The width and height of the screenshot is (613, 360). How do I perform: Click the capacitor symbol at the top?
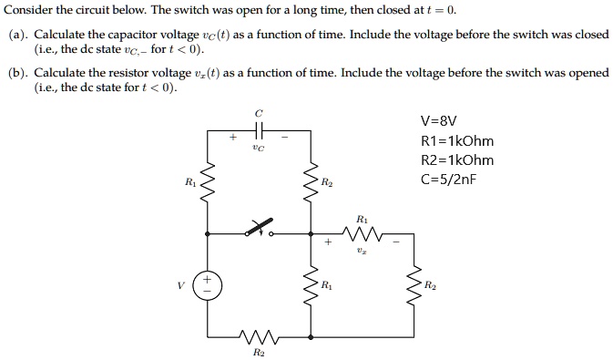coord(260,131)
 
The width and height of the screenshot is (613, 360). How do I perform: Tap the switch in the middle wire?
coord(260,229)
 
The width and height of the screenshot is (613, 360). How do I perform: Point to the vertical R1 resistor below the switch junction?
coord(312,284)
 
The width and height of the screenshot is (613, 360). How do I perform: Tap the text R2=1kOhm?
coord(457,160)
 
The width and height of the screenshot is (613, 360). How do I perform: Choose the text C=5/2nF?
coord(449,179)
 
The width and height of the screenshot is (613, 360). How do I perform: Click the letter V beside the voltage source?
coord(181,284)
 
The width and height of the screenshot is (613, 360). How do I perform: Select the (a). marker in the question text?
coord(17,34)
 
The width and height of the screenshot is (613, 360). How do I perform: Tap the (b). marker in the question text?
coord(17,72)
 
